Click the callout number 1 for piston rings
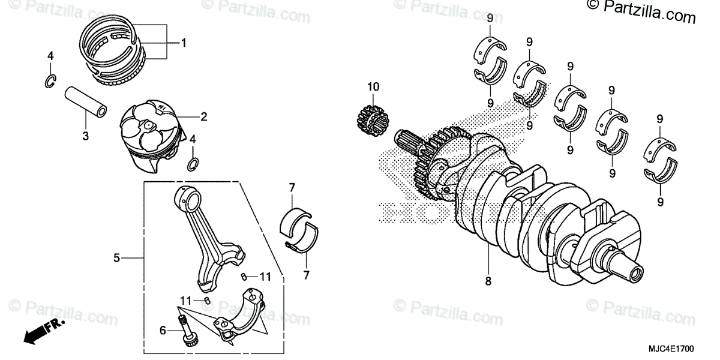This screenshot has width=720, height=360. pos(184,43)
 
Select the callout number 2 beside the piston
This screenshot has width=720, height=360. pos(203,117)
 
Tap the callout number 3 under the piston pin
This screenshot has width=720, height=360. pos(86,136)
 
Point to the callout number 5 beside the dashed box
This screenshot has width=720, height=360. pos(117,258)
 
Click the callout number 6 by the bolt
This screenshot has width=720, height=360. pos(161,329)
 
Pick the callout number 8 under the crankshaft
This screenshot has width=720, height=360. pos(488,280)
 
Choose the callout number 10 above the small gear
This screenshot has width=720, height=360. pos(374,87)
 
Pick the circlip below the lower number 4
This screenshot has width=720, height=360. pos(193,163)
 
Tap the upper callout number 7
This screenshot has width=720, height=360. pos(292,188)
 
